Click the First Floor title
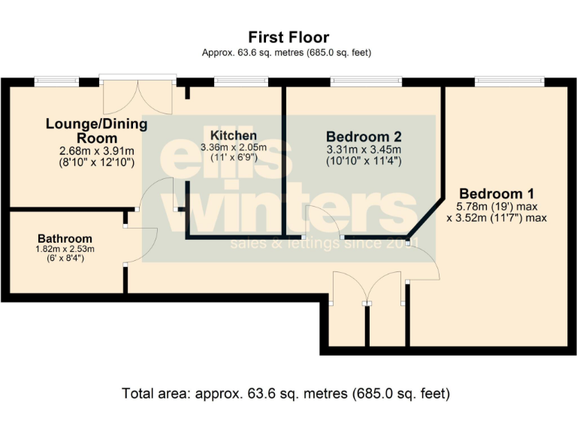(288, 37)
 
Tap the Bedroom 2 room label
(364, 137)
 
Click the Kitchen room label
(234, 135)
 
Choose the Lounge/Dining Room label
(96, 131)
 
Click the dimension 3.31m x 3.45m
(364, 149)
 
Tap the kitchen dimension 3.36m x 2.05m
(234, 147)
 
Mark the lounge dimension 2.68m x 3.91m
(96, 150)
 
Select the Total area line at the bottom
(285, 393)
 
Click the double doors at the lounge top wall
(138, 94)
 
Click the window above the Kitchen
(240, 81)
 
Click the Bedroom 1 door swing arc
(424, 263)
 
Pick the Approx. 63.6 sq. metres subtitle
(288, 53)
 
